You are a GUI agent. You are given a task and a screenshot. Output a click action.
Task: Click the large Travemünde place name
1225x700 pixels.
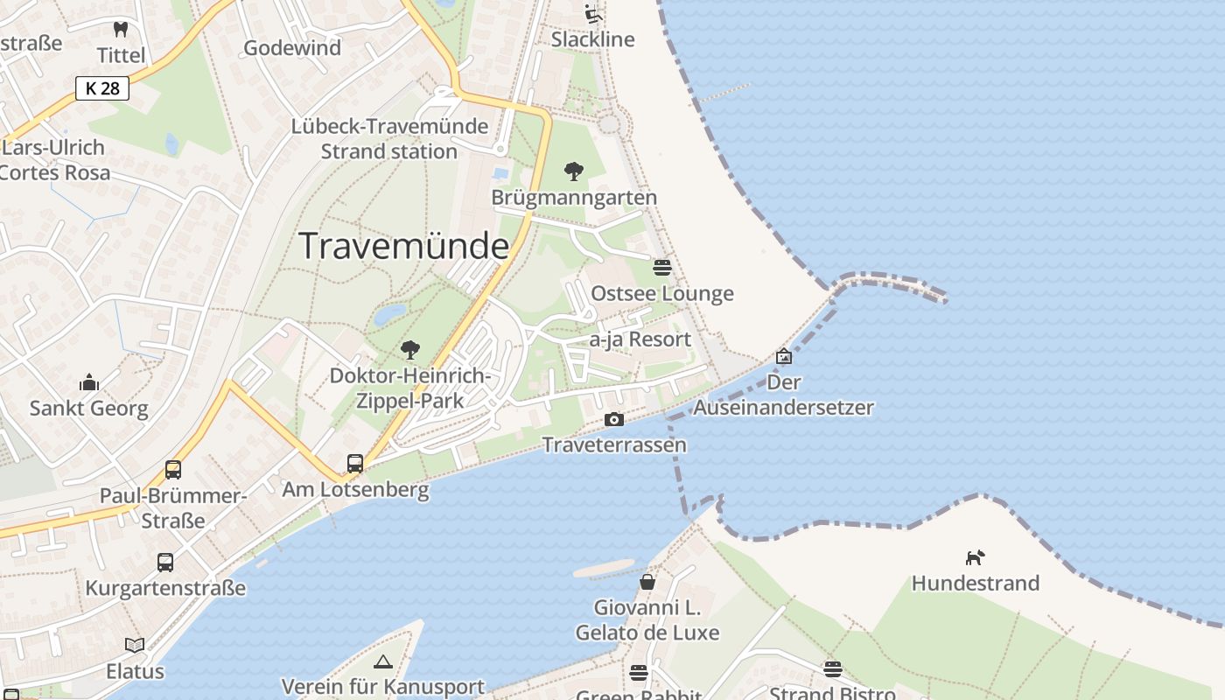click(403, 246)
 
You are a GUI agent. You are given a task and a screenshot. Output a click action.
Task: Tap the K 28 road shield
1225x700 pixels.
click(102, 88)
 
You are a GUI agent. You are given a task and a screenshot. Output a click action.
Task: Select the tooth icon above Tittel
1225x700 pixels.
click(122, 29)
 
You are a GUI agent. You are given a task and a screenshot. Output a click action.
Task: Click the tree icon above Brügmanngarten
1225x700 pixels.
click(574, 171)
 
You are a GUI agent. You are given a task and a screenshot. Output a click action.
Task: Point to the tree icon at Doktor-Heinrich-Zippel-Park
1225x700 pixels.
click(409, 350)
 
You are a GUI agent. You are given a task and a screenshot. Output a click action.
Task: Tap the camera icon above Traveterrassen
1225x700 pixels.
click(614, 419)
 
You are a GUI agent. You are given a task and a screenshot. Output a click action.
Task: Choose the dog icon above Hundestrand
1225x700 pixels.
click(975, 557)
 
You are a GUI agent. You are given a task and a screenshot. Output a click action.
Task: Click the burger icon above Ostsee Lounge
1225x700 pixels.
click(662, 267)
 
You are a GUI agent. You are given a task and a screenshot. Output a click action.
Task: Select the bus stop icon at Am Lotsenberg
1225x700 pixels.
click(354, 463)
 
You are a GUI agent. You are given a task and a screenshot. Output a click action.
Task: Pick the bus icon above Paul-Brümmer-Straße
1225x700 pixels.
click(173, 469)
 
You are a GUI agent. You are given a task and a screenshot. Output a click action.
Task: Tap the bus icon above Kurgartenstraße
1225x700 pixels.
click(165, 562)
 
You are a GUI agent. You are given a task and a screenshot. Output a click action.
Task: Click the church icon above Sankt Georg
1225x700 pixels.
click(89, 382)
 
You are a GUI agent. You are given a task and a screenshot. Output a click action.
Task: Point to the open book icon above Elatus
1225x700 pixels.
click(135, 645)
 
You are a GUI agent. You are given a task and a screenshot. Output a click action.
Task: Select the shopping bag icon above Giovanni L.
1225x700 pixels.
click(647, 581)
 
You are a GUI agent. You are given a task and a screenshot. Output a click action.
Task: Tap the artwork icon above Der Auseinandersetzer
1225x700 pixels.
click(784, 356)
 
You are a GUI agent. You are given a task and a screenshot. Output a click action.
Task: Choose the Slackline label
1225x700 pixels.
click(592, 39)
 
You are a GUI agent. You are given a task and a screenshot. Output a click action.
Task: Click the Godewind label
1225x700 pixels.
click(292, 48)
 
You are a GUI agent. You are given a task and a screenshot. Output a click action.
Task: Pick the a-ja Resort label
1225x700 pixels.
click(640, 339)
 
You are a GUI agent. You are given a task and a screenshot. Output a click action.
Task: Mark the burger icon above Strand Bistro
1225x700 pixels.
click(832, 669)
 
